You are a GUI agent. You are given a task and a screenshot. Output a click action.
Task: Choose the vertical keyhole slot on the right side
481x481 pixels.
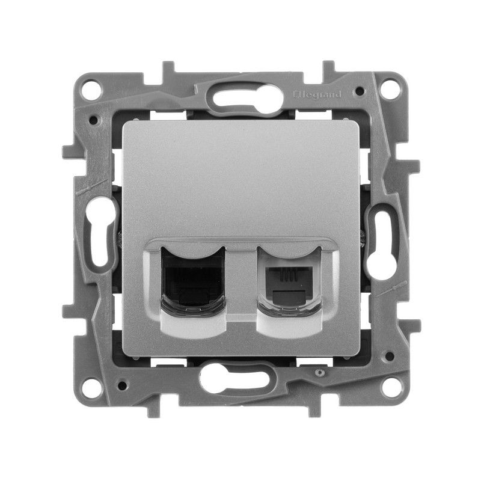coord(383,240)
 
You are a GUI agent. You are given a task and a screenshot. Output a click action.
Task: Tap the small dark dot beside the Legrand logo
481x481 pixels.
coord(358,91)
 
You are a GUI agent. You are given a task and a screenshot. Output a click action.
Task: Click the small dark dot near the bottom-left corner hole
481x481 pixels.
coord(123,384)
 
